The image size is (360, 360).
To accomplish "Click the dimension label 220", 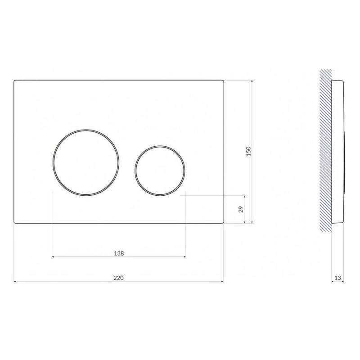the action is point(118,278).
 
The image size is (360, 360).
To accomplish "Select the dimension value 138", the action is point(119,253).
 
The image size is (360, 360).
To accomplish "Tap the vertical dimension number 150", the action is point(249,151).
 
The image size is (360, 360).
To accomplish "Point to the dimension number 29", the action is point(241,209).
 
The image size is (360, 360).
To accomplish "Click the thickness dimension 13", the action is point(337,278).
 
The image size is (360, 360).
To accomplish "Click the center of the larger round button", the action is point(86,162).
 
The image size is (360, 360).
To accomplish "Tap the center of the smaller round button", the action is point(160,171).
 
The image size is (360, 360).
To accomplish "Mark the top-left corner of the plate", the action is point(14,80).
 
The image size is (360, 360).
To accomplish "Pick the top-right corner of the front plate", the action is point(223,80).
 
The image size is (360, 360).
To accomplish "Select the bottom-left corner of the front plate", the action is point(14,223).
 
